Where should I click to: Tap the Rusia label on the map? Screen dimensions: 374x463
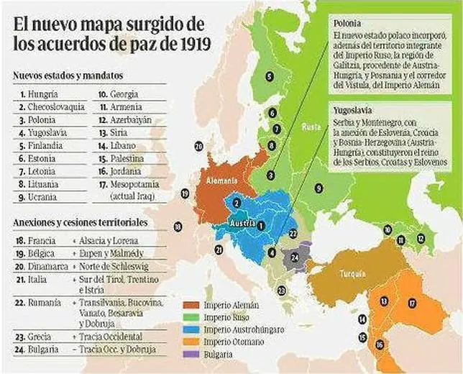point(311,127)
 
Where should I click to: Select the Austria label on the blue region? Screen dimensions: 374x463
point(239,224)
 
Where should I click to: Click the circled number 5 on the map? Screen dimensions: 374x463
point(269,76)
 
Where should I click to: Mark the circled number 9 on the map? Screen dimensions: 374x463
point(318,188)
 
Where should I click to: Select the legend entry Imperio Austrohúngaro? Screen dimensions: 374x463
point(239,329)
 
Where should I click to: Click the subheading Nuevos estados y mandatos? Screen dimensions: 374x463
point(68,75)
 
